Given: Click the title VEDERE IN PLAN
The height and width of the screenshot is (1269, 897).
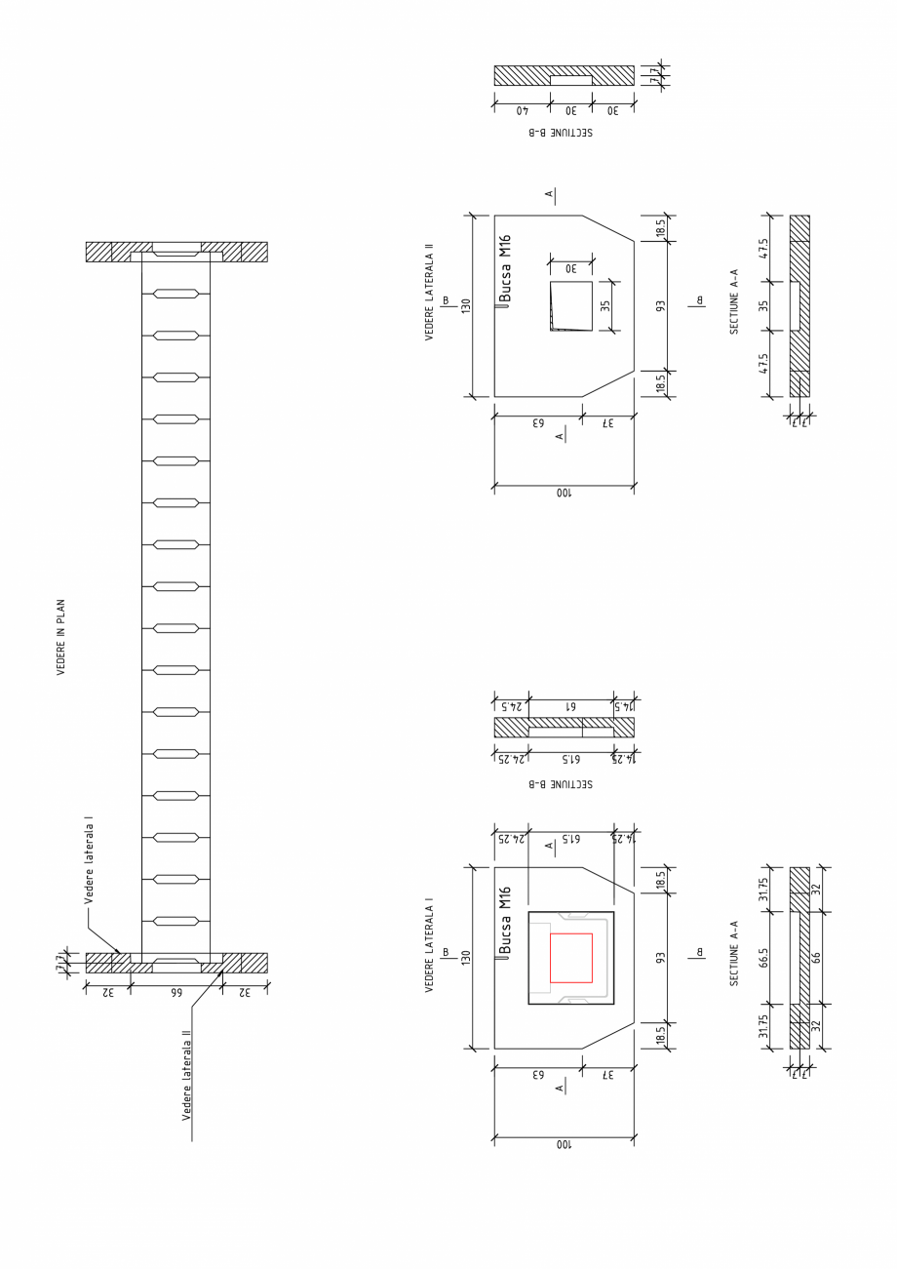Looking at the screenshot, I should [60, 637].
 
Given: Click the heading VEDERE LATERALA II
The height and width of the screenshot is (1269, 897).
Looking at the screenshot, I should [429, 297].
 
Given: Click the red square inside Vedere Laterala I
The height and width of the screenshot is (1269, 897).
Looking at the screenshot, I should [570, 958].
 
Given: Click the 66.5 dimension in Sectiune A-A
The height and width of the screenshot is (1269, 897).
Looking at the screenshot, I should [764, 958].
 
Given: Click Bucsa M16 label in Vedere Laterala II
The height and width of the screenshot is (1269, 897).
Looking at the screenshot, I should [505, 268].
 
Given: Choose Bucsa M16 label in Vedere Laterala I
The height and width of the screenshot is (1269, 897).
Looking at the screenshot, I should [505, 920].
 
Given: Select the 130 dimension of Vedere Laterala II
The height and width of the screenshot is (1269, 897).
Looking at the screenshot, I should [466, 305].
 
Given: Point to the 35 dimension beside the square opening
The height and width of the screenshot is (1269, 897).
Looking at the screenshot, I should [604, 305].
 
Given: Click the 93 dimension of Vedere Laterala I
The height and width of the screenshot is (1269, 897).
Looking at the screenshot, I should [660, 958].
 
